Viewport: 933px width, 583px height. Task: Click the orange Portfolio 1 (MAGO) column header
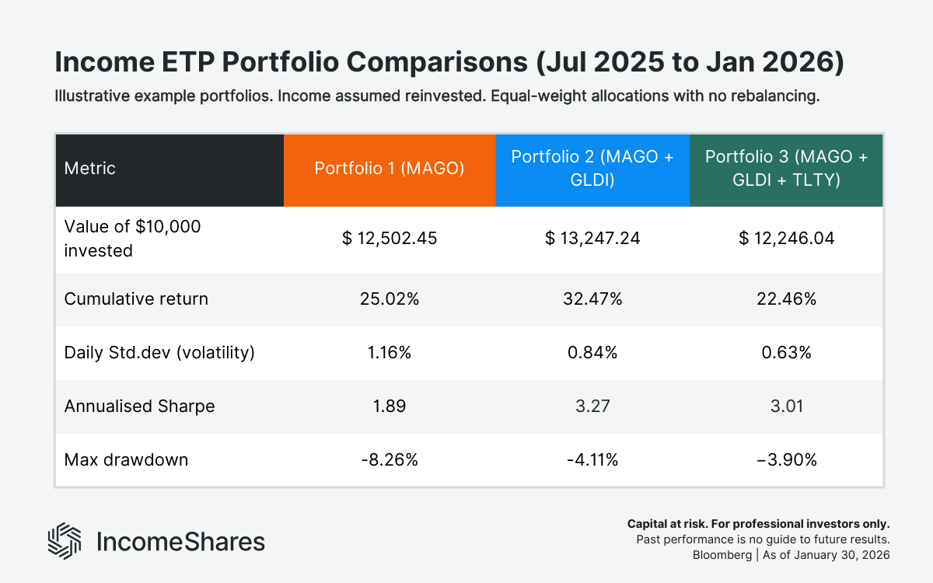point(390,169)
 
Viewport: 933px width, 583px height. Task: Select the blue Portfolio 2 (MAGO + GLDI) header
point(592,169)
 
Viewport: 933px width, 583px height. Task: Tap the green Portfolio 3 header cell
point(786,169)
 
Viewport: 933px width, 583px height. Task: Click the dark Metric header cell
point(169,169)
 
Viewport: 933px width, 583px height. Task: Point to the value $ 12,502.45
point(390,239)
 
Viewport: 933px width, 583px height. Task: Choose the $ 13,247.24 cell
point(592,239)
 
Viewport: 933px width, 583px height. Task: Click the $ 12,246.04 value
point(786,239)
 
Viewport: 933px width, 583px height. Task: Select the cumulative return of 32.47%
point(592,298)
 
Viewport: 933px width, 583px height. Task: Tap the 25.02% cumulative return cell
point(390,298)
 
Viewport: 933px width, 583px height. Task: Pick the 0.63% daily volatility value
point(786,352)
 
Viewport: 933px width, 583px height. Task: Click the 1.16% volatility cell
point(390,352)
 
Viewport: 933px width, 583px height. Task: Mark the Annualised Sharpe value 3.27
point(592,406)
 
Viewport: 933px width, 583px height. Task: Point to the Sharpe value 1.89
point(390,406)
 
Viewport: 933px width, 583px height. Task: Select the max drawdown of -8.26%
point(390,459)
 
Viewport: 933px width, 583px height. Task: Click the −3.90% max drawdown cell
point(786,459)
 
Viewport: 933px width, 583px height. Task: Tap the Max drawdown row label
point(126,459)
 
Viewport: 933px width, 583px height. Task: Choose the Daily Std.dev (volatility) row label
point(159,352)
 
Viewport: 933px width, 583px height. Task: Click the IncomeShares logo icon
point(65,541)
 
